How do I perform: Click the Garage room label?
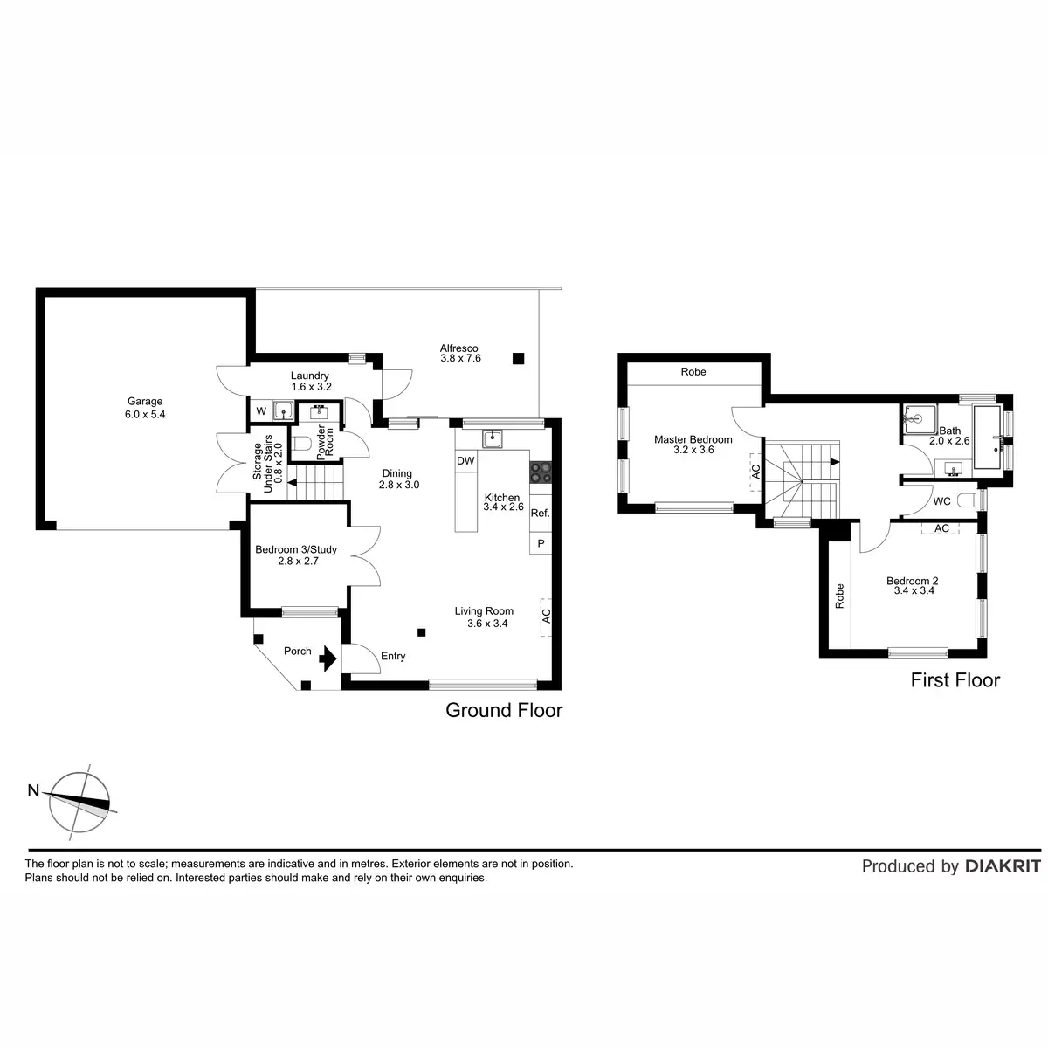(x=144, y=402)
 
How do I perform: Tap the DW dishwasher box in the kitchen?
(x=465, y=461)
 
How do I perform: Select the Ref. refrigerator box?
(x=540, y=514)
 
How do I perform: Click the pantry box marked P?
(x=541, y=543)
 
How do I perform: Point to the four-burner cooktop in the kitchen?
(x=540, y=472)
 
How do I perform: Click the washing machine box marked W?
(x=260, y=410)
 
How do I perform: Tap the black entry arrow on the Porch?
(x=328, y=658)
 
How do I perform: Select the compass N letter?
(x=33, y=791)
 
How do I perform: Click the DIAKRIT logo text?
(x=1003, y=866)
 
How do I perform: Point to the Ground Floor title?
(x=504, y=710)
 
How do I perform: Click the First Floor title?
(x=955, y=680)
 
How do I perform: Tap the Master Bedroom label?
(x=693, y=440)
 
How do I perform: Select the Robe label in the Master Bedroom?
(x=693, y=372)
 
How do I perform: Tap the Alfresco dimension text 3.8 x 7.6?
(x=460, y=358)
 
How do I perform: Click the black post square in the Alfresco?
(x=518, y=357)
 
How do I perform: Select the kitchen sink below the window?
(x=493, y=437)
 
